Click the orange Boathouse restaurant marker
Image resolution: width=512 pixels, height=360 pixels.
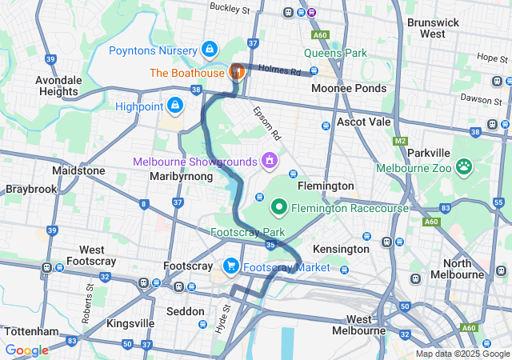[237, 71]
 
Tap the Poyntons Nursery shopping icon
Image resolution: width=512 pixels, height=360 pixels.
[210, 50]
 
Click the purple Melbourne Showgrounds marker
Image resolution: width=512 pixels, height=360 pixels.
[270, 161]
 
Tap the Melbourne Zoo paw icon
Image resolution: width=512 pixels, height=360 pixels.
[464, 167]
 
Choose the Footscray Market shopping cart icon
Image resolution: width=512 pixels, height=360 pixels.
[231, 266]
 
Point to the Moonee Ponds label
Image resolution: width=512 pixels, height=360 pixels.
[349, 88]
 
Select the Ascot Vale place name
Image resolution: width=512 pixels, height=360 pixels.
[363, 122]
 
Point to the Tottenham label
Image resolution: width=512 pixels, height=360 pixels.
[32, 330]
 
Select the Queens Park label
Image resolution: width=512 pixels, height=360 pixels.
[335, 54]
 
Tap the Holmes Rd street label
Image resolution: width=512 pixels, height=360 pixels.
[284, 71]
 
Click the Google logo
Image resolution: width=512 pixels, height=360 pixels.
[26, 350]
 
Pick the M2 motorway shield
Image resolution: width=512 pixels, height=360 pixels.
[401, 141]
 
